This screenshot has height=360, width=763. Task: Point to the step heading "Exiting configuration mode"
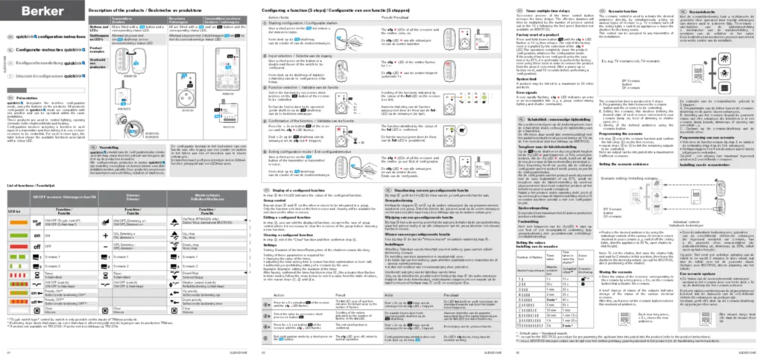(x=298, y=151)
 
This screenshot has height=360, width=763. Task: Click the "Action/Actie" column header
(x=279, y=16)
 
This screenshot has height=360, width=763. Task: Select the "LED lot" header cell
(x=13, y=212)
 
